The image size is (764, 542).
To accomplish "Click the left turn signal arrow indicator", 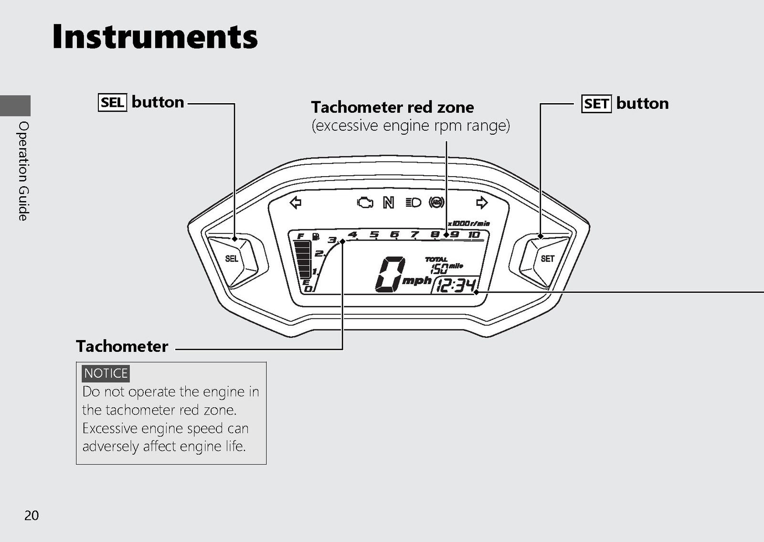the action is [296, 202].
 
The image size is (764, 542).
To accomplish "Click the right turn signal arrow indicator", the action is [482, 202].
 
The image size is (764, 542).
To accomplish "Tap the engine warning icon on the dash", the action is [365, 202].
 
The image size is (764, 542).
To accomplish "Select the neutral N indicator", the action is [389, 202].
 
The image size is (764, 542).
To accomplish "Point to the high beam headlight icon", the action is [414, 202].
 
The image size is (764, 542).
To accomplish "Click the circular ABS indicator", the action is [436, 202].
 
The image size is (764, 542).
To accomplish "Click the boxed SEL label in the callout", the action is [113, 102].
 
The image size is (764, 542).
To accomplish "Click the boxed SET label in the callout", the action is [596, 104].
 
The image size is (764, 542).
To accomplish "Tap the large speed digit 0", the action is [391, 274].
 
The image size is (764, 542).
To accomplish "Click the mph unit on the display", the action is [417, 281].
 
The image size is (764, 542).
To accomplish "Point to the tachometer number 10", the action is [474, 234].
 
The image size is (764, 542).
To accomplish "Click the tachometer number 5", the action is [374, 234].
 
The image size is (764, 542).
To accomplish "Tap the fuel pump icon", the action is [316, 236].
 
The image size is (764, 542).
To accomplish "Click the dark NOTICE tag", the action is [106, 373].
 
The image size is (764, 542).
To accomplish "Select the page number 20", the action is [32, 515].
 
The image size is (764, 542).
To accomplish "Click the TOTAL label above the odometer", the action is [436, 260].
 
